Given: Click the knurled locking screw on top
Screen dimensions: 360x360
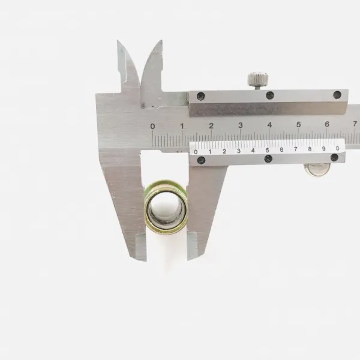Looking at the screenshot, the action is [x=258, y=79].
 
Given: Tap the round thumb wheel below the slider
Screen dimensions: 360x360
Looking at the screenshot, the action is [x=317, y=169].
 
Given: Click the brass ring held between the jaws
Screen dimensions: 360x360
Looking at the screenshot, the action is [x=166, y=206].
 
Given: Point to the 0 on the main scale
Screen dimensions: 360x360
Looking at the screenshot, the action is [x=152, y=126].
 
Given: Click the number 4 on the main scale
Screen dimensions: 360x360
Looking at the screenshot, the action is [x=269, y=125].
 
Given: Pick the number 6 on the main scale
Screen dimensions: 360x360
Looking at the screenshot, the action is [x=327, y=124].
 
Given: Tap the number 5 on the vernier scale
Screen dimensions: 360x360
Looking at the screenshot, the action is [x=267, y=150].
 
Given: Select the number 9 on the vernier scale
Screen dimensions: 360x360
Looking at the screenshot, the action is [x=324, y=149].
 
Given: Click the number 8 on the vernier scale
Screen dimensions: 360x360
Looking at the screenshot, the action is [x=310, y=149].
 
